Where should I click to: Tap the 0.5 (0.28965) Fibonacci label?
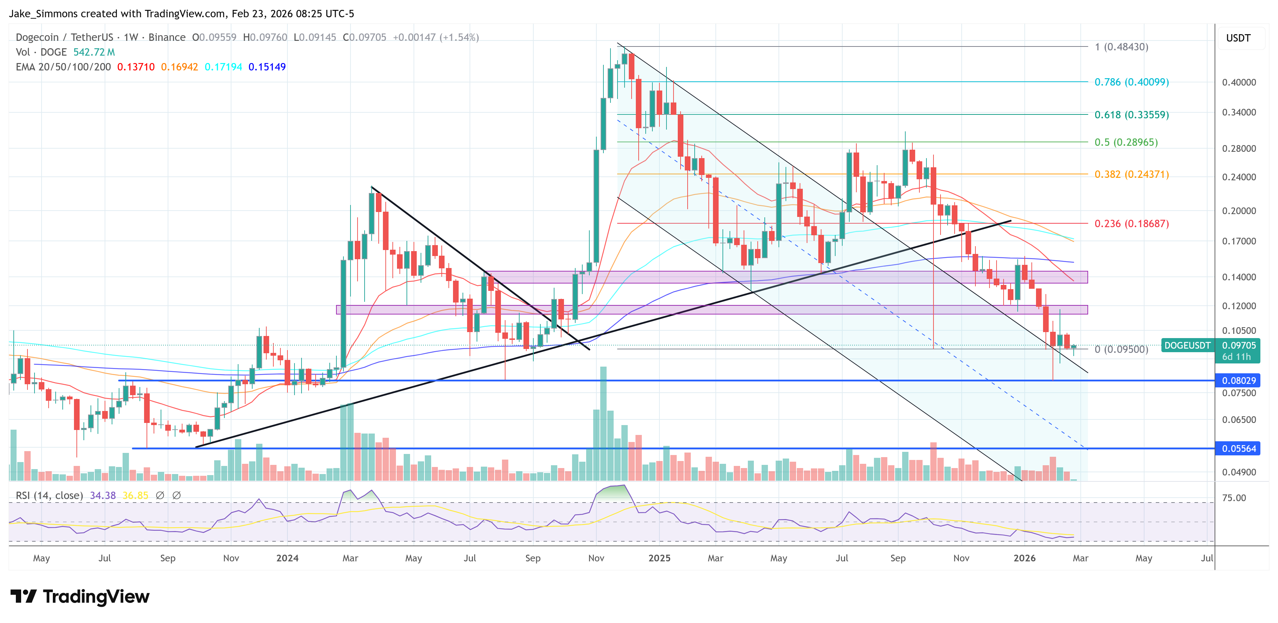click(x=1126, y=142)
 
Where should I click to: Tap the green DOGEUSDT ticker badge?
click(x=1187, y=345)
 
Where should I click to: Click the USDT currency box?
click(x=1238, y=38)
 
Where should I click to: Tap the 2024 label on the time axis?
click(x=287, y=558)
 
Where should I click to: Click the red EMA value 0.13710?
click(x=135, y=67)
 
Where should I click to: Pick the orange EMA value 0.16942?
click(x=179, y=67)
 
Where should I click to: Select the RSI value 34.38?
click(x=103, y=496)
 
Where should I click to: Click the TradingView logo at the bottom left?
click(x=79, y=596)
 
